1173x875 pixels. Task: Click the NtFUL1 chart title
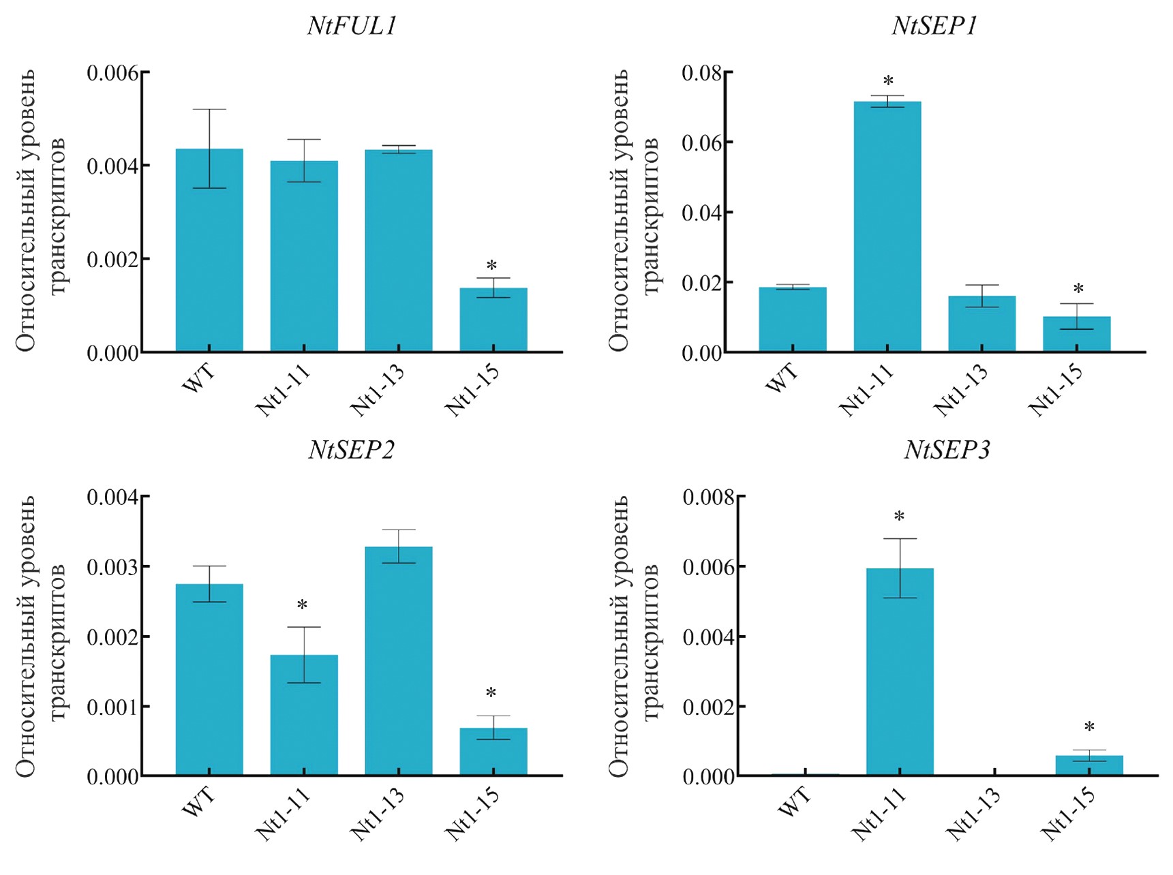point(352,26)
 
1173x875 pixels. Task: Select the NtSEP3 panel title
point(947,450)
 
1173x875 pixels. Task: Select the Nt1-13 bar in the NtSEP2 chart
point(399,661)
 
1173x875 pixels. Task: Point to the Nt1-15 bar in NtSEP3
point(1088,765)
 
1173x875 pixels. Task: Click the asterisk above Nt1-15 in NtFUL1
point(491,266)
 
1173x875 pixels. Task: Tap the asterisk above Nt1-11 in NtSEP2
point(302,605)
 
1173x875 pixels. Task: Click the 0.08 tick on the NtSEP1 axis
point(702,73)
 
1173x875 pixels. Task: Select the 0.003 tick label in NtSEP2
point(112,567)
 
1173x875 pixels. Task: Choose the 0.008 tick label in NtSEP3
point(709,497)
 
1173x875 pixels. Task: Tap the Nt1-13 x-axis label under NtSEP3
point(973,814)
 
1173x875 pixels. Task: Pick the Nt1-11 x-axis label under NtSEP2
point(282,814)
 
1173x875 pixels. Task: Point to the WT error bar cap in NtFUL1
point(209,109)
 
